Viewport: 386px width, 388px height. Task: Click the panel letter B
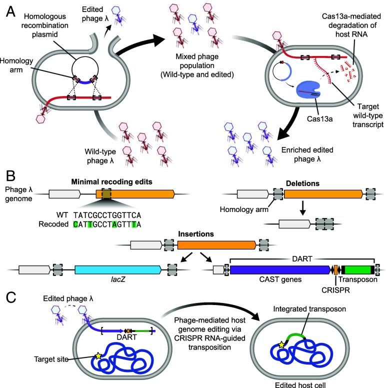tap(10, 176)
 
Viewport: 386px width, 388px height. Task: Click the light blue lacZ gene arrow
tap(118, 270)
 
